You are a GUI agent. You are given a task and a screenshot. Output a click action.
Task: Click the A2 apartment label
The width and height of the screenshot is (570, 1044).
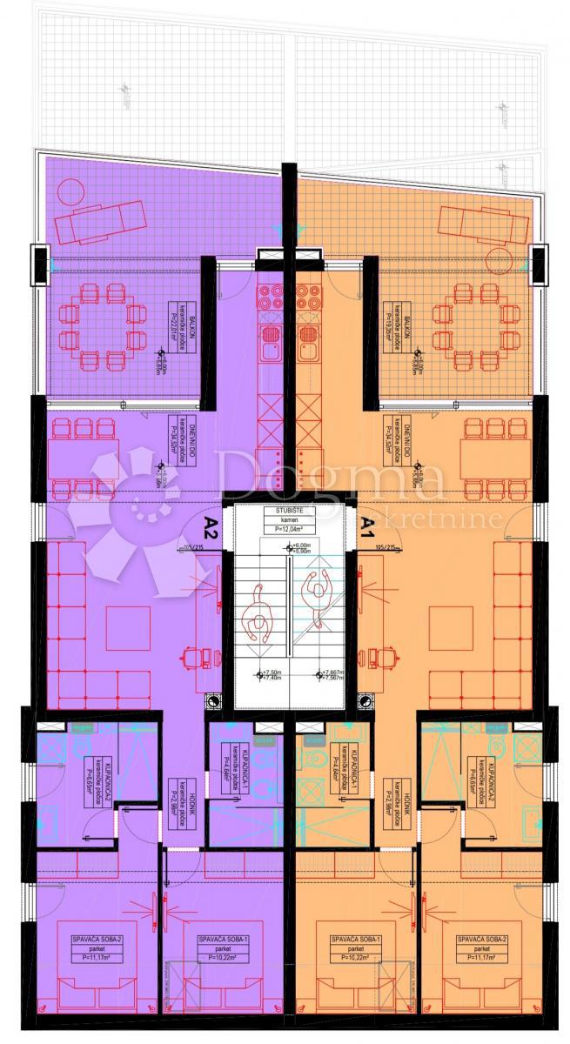click(211, 525)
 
